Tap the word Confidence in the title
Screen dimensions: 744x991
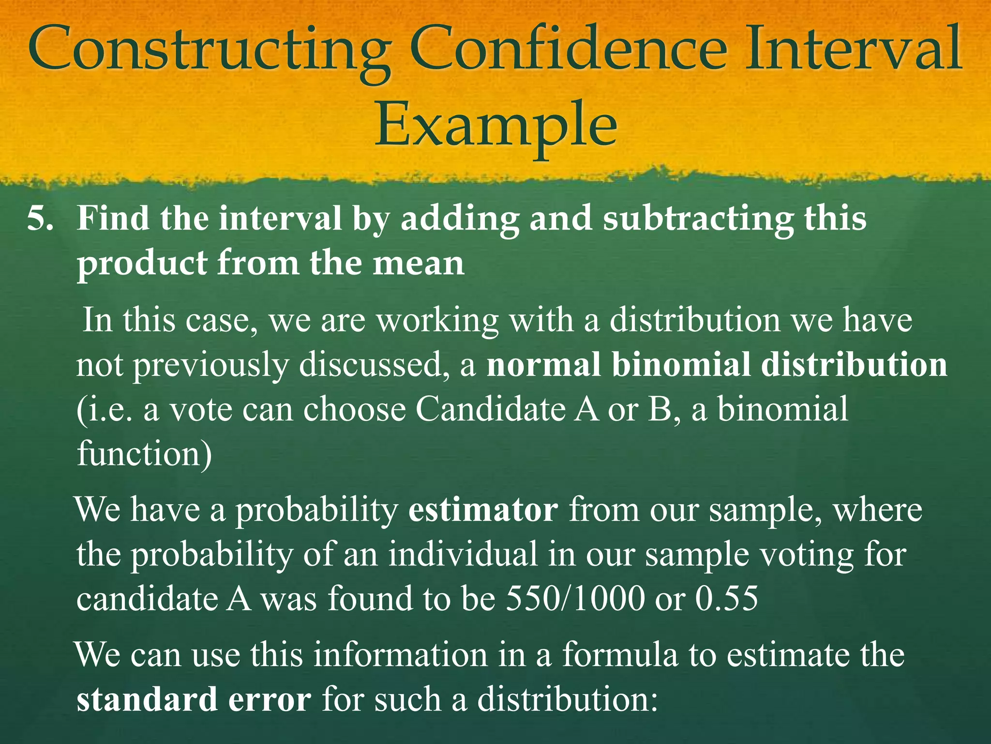(x=568, y=48)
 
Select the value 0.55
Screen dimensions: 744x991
(x=726, y=599)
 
